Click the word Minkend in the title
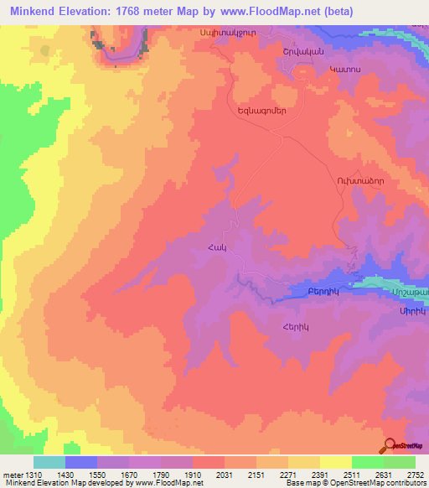34,11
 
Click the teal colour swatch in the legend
49,462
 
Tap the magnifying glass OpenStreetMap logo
390,445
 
